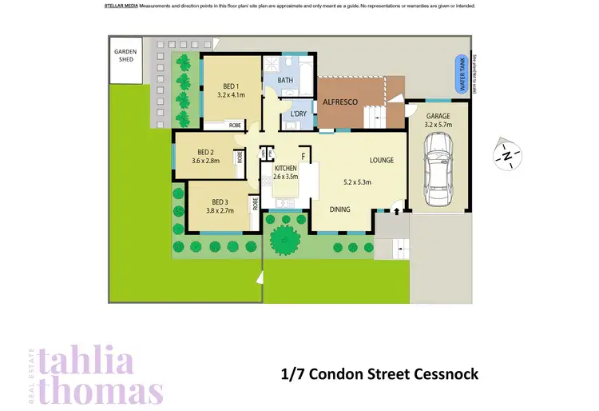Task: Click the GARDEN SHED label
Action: pyautogui.click(x=125, y=54)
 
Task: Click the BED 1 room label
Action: pyautogui.click(x=229, y=88)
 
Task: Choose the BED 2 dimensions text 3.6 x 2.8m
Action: pyautogui.click(x=205, y=161)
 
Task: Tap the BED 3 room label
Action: pyautogui.click(x=220, y=202)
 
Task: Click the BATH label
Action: pyautogui.click(x=285, y=81)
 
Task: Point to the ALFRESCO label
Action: pyautogui.click(x=340, y=102)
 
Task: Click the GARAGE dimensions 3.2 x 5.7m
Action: pyautogui.click(x=438, y=125)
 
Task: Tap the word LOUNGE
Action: pyautogui.click(x=381, y=160)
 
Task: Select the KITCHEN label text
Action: pyautogui.click(x=286, y=169)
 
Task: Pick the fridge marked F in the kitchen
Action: pyautogui.click(x=303, y=156)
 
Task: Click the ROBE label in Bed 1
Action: pyautogui.click(x=235, y=126)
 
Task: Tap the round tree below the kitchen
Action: pyautogui.click(x=283, y=237)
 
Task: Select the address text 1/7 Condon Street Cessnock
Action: pyautogui.click(x=379, y=374)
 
